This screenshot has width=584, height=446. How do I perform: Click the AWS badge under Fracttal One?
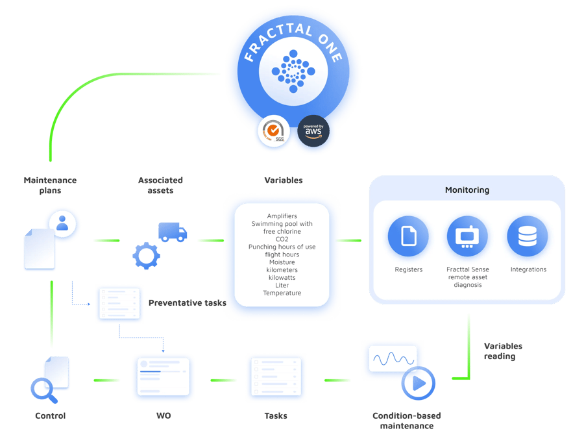(x=313, y=131)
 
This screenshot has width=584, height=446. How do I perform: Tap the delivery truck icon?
(x=173, y=232)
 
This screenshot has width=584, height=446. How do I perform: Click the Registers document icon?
(x=408, y=236)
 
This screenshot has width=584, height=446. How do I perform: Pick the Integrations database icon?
(x=528, y=236)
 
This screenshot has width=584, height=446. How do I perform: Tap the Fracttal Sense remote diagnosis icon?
(x=468, y=236)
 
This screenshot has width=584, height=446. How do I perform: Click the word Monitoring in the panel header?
(x=467, y=190)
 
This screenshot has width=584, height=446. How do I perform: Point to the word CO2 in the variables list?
(x=282, y=239)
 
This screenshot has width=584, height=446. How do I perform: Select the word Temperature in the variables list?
(x=282, y=293)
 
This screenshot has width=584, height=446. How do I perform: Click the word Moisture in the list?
(x=282, y=262)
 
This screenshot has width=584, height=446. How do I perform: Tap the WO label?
(x=164, y=415)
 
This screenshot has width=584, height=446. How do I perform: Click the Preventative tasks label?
(x=187, y=303)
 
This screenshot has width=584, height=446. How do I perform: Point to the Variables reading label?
(x=503, y=351)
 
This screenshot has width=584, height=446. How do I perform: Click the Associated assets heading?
(x=160, y=185)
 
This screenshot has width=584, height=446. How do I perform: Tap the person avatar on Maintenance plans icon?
(x=63, y=223)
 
